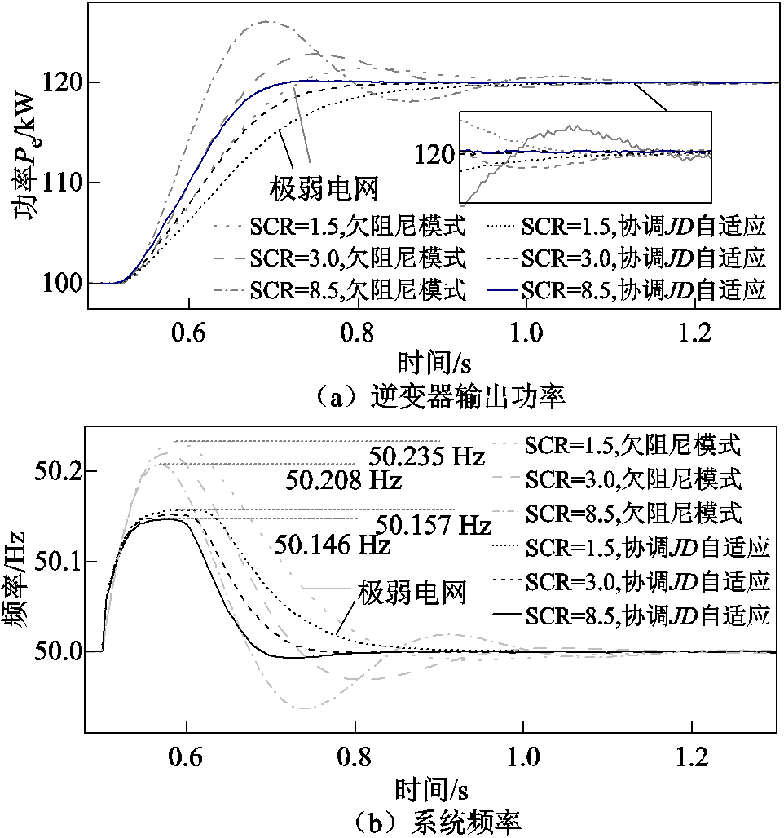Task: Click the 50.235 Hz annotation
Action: pyautogui.click(x=426, y=456)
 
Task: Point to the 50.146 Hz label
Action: pyautogui.click(x=333, y=544)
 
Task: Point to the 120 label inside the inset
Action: pyautogui.click(x=434, y=153)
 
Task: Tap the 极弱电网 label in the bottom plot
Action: pyautogui.click(x=412, y=591)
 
